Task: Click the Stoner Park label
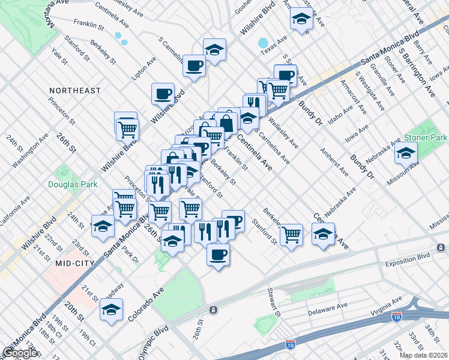(426, 137)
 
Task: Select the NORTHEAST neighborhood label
(75, 91)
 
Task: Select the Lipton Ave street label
(144, 68)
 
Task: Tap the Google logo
(20, 353)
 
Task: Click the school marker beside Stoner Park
(406, 152)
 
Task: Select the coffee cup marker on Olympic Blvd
(218, 253)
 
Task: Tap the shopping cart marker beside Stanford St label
(291, 235)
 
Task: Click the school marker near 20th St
(111, 310)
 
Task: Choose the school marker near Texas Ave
(301, 19)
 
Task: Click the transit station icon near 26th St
(213, 310)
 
